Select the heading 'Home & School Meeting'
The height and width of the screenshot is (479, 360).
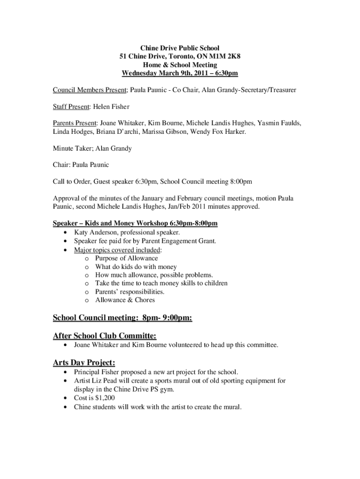pos(180,65)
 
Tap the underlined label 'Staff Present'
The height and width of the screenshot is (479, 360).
pos(70,107)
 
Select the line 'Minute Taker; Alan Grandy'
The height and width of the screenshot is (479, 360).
pos(92,148)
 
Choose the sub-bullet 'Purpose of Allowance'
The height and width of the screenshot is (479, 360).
pos(126,258)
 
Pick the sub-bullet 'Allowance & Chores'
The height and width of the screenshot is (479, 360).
pos(125,300)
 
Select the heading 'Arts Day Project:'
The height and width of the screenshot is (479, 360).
pos(84,363)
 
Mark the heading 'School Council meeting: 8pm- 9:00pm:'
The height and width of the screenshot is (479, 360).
pos(122,318)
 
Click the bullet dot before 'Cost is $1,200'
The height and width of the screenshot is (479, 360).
pos(64,398)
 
